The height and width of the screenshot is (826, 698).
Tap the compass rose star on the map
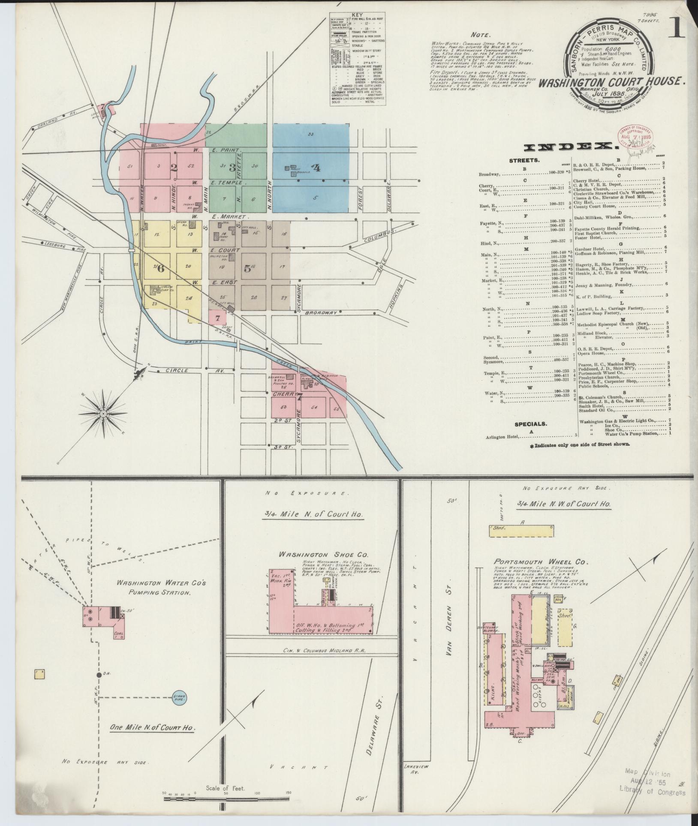point(103,413)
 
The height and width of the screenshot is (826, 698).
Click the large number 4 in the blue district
point(316,168)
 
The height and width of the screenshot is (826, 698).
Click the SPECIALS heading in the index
point(531,424)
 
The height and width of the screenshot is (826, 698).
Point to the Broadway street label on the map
point(321,313)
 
